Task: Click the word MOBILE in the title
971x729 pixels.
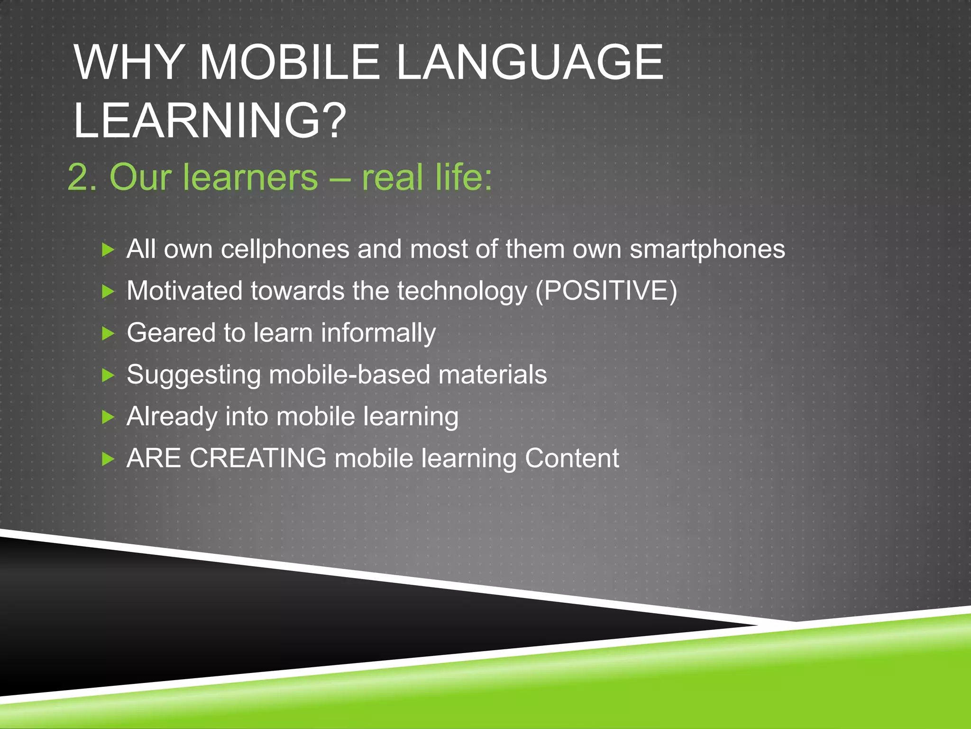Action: [289, 63]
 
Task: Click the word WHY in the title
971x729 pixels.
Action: [128, 63]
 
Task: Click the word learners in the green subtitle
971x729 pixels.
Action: [250, 178]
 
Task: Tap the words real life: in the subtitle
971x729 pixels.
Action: [427, 178]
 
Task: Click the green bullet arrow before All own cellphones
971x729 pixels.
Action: [109, 250]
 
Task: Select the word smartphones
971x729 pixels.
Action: [707, 250]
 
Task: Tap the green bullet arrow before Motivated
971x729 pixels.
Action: [109, 291]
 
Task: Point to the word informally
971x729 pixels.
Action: [378, 333]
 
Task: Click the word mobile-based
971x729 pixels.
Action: [349, 375]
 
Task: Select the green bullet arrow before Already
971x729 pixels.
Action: [109, 417]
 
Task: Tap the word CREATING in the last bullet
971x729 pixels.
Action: [258, 458]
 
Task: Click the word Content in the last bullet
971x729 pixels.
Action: [571, 458]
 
